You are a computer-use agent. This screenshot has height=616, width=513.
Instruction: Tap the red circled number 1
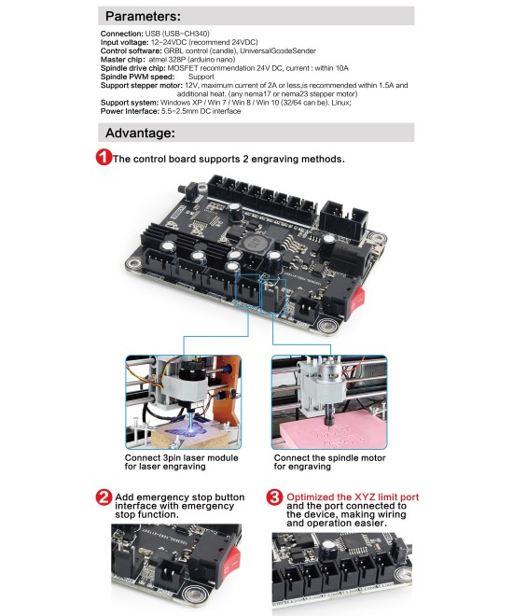[104, 158]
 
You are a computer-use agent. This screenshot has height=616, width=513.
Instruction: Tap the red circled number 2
[104, 497]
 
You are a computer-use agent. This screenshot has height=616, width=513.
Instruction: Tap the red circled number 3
[274, 497]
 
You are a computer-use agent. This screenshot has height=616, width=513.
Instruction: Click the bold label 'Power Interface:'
[131, 112]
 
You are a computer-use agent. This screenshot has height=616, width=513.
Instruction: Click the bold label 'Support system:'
[129, 101]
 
